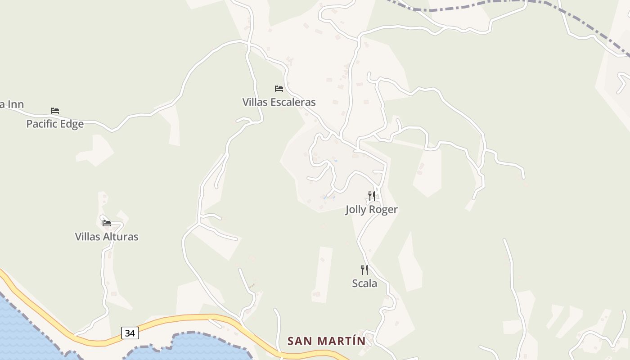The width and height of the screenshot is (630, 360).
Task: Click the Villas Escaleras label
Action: coord(279,102)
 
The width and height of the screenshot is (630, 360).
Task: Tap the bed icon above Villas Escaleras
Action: coord(279,88)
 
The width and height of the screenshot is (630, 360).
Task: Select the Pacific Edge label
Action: coord(55,124)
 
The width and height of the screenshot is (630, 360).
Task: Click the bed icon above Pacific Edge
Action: coord(55,110)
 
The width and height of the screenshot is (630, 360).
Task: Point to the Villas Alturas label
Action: coord(107,237)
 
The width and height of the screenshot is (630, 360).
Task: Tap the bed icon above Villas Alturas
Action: coord(107,223)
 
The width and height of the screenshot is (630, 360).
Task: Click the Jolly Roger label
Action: coord(372,210)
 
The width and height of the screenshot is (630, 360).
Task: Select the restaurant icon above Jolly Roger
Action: coord(372,196)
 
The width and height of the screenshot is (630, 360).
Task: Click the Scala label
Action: coord(364,283)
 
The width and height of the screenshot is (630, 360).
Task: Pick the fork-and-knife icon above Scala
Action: coord(364,270)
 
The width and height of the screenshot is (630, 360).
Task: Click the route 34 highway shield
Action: coord(130,333)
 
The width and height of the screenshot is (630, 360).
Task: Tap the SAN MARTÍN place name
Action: coord(327,341)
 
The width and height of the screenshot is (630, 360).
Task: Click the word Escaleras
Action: coord(293,102)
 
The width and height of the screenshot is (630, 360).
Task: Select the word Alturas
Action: coord(121,237)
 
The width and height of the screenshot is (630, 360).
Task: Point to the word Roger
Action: coord(384,210)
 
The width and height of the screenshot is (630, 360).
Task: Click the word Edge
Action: coord(72,124)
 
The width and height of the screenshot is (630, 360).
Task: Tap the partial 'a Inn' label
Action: coord(12,105)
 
